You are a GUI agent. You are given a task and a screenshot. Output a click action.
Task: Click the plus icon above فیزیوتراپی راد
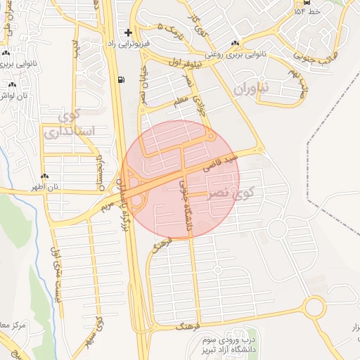click(128, 32)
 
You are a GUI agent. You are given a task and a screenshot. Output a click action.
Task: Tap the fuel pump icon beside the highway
click(124, 79)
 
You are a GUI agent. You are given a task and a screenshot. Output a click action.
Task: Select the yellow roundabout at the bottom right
click(314, 307)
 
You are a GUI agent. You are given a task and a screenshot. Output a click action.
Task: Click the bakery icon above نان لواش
click(12, 84)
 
